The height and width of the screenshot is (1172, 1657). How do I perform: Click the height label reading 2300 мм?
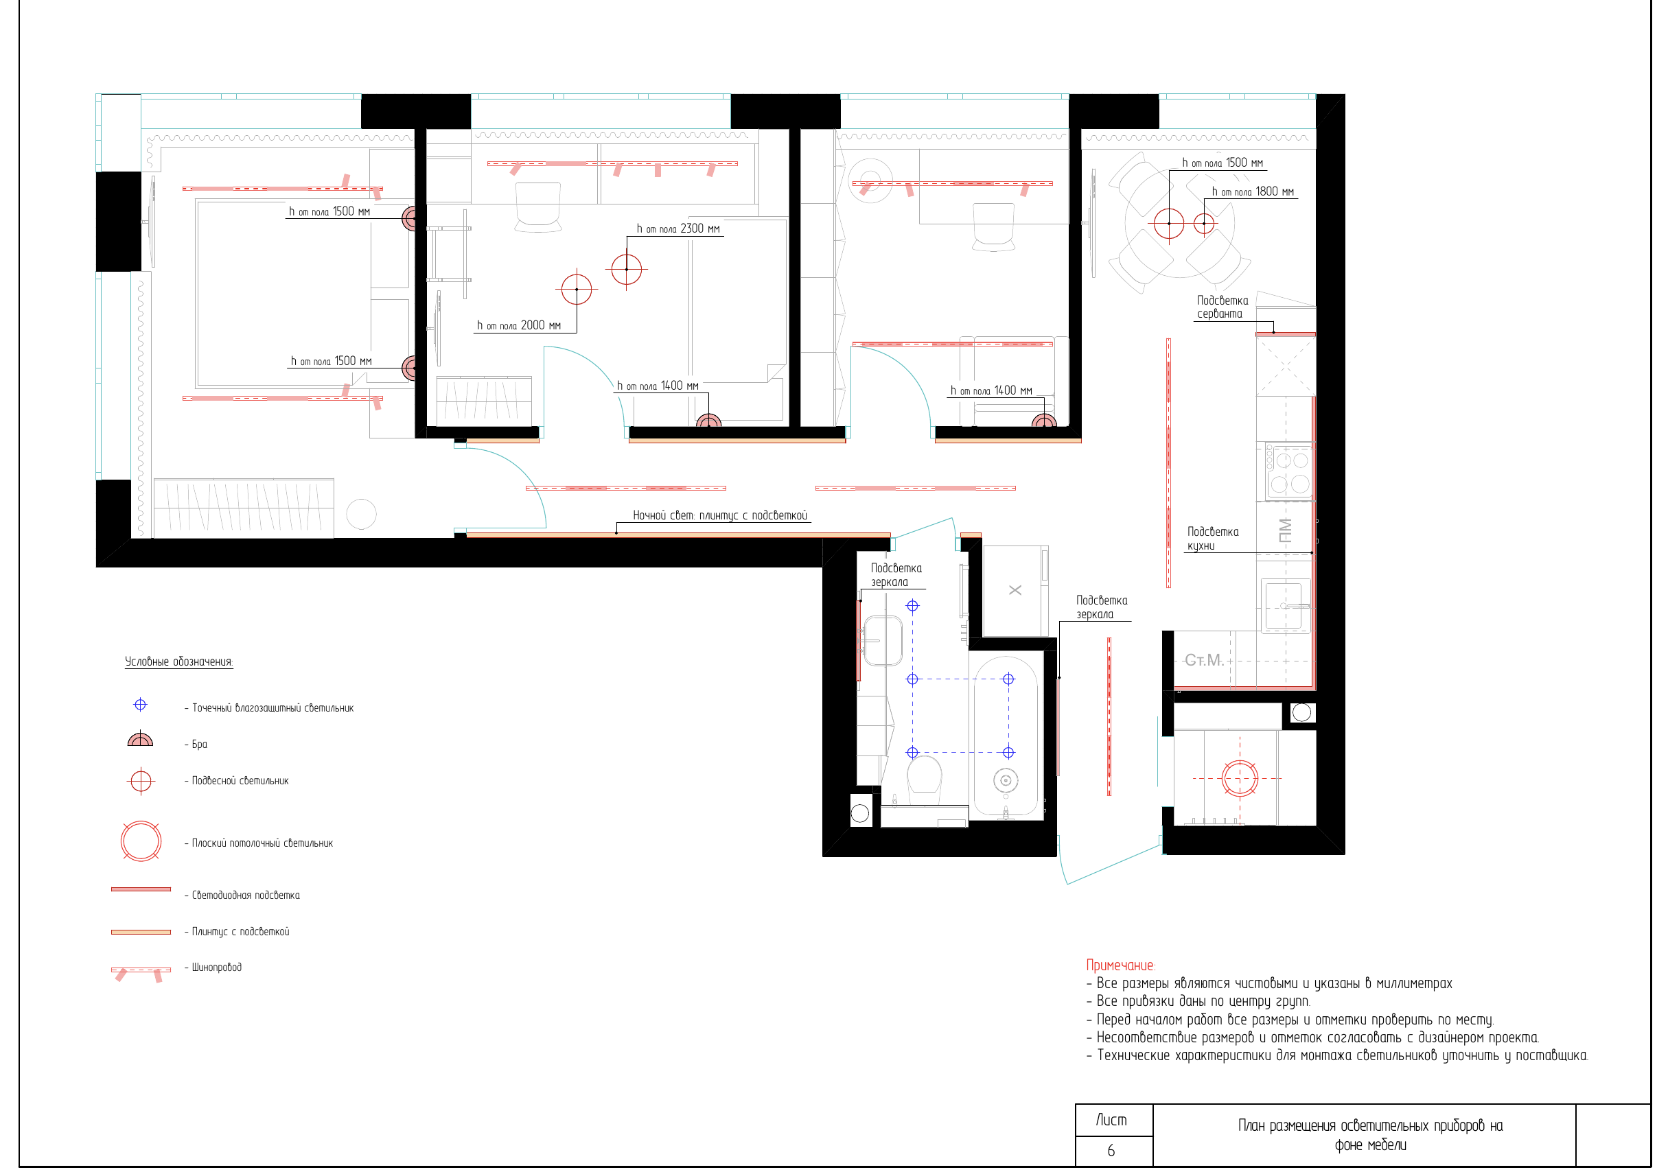click(x=678, y=228)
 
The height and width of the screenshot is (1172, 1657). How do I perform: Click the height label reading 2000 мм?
click(x=518, y=325)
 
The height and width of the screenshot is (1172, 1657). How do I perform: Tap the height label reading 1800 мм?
click(x=1253, y=191)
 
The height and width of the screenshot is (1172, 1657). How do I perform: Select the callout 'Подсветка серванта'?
click(x=1223, y=307)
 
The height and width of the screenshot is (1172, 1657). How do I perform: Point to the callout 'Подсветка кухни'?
click(x=1213, y=539)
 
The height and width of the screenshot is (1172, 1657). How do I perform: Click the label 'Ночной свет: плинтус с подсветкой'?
click(x=720, y=515)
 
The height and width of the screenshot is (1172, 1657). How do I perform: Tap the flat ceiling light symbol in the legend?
click(x=141, y=841)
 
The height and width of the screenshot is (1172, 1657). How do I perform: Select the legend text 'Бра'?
click(x=199, y=744)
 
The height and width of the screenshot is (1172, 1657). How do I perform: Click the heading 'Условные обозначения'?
click(x=179, y=661)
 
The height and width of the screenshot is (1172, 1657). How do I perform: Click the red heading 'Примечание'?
click(x=1120, y=965)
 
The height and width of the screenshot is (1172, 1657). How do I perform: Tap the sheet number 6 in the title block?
click(x=1111, y=1150)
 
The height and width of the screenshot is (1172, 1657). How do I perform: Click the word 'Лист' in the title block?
click(x=1111, y=1120)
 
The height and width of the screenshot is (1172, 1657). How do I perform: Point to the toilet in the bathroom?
click(x=924, y=778)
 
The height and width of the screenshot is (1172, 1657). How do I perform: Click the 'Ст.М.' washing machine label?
click(x=1204, y=660)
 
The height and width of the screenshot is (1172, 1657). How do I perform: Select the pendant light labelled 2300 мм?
click(x=627, y=269)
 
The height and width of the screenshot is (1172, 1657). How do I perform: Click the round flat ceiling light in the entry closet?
click(x=1240, y=778)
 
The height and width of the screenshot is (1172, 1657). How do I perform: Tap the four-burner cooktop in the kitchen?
click(x=1289, y=471)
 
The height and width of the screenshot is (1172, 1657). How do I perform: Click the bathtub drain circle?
click(x=1006, y=780)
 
